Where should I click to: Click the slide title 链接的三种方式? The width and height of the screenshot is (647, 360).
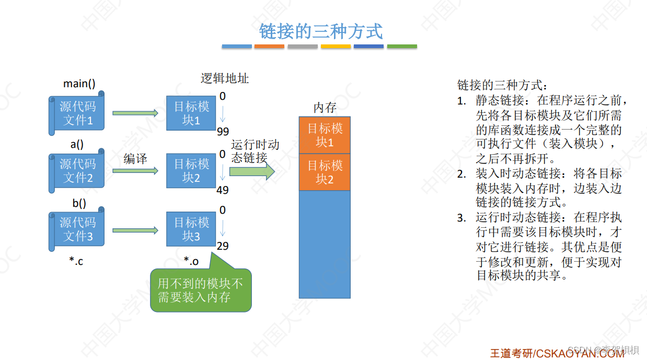(321, 31)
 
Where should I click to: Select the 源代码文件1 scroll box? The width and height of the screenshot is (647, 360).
(77, 113)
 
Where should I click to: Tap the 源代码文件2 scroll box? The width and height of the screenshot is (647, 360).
(77, 171)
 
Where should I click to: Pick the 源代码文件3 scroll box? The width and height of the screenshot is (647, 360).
(77, 229)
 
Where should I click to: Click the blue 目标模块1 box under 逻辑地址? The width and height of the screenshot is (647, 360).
(191, 113)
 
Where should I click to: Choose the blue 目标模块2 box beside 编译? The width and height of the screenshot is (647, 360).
(191, 171)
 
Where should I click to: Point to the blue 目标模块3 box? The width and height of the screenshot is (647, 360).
(191, 229)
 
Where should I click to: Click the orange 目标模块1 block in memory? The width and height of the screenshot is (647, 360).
(325, 135)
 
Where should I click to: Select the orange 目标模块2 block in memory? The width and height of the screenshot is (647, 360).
(325, 172)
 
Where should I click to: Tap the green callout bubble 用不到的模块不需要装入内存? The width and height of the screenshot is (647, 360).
(201, 291)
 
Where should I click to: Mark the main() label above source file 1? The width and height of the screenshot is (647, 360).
(79, 84)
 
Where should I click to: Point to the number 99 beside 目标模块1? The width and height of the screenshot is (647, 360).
(223, 131)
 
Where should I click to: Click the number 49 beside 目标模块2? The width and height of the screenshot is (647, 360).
(223, 190)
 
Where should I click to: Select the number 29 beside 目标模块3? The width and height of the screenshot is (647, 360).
(223, 246)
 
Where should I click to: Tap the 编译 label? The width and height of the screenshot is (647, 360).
(135, 159)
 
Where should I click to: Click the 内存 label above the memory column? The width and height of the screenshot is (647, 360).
(325, 108)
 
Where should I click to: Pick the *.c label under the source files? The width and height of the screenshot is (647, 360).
(76, 261)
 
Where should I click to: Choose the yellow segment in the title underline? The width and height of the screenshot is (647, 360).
(336, 47)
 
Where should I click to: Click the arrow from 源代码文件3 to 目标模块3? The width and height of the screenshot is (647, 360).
(135, 230)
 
